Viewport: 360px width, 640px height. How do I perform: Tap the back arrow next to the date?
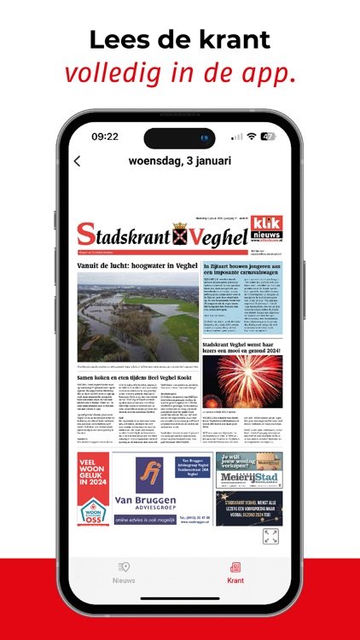[x=78, y=160]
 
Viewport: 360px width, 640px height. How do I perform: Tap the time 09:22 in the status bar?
[x=105, y=137]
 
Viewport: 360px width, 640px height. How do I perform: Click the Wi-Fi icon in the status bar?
[x=251, y=137]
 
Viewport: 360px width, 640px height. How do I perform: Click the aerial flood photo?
[x=137, y=317]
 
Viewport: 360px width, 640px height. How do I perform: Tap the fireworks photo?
[x=242, y=381]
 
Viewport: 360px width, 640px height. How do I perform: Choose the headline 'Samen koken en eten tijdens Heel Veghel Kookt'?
[x=136, y=375]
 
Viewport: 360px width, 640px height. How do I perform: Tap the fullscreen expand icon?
[x=270, y=536]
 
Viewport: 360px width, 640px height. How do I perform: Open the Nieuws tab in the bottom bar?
[x=125, y=573]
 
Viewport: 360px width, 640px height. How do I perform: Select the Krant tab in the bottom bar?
[x=235, y=573]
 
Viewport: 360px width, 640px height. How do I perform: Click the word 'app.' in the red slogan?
[x=265, y=73]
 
